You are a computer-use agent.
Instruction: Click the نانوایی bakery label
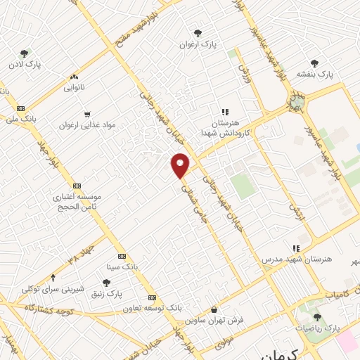coord(73,89)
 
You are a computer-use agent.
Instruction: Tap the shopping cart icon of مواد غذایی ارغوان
coord(86,113)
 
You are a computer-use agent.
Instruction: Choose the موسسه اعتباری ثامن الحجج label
coord(78,202)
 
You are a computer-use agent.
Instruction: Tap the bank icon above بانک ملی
coord(20,108)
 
